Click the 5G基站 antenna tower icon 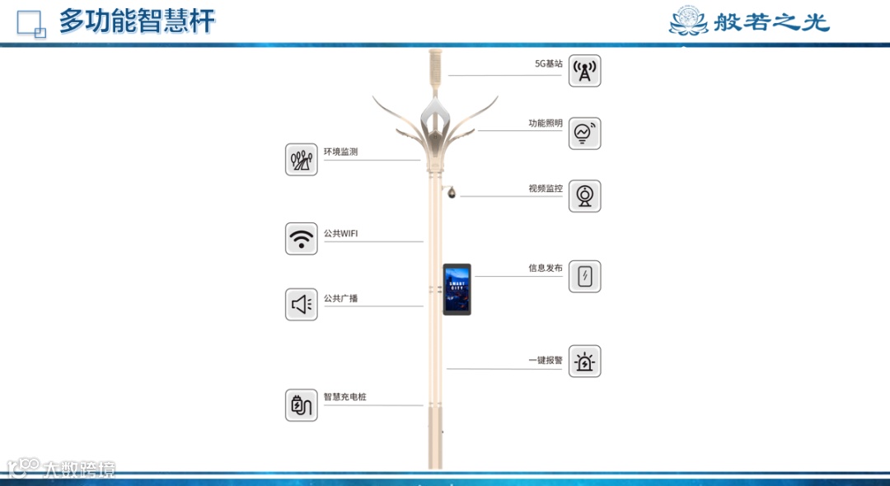click(584, 71)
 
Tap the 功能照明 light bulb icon click(584, 133)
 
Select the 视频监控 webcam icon click(584, 196)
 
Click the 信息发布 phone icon click(584, 277)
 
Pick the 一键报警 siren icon click(584, 362)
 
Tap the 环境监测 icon click(302, 159)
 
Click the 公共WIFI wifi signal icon click(302, 239)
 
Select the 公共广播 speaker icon click(302, 305)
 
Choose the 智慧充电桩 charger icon click(302, 405)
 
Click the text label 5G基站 click(548, 63)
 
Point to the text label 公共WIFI click(340, 234)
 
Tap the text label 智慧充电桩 click(344, 397)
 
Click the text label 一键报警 click(545, 361)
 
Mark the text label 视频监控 click(545, 189)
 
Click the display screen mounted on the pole click(457, 289)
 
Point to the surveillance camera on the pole click(452, 193)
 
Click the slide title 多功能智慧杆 click(137, 21)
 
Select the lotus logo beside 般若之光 click(688, 21)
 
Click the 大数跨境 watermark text click(79, 470)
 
